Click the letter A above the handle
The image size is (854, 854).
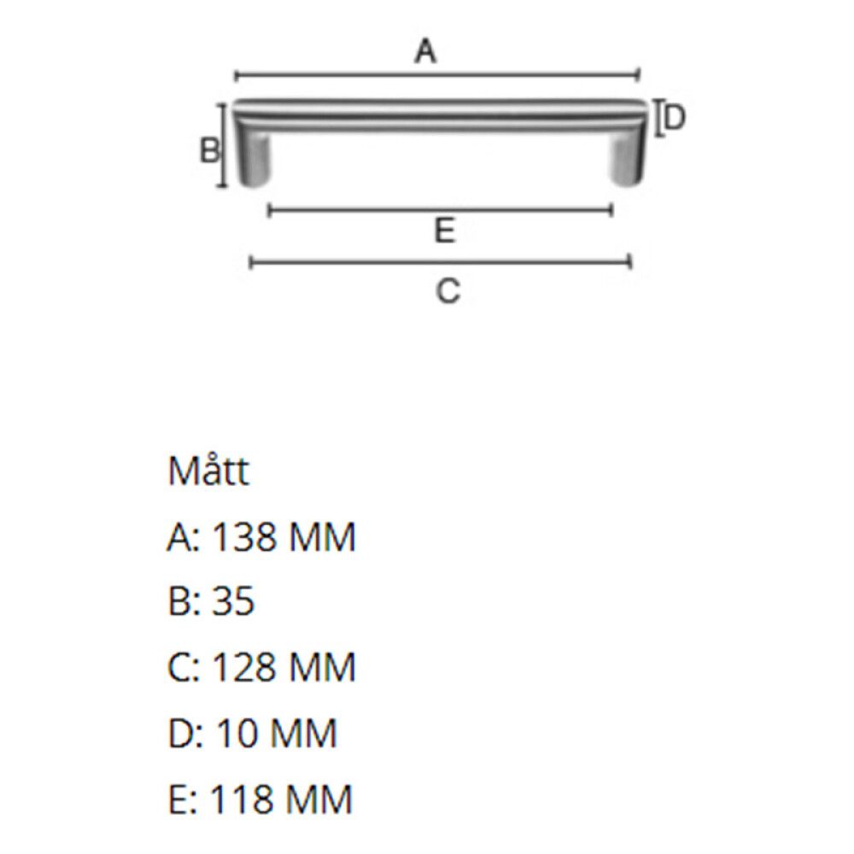425,52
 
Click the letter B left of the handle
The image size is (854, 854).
209,151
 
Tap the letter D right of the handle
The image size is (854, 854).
675,118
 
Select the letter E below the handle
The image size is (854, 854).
443,231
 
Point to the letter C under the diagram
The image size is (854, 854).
447,291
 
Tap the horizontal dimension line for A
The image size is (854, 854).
436,74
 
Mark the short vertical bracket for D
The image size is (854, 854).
658,118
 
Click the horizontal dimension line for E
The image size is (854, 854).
440,209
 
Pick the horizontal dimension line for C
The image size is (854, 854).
440,261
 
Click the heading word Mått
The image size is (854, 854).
208,471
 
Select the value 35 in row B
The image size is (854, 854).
231,602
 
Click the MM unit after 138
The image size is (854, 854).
322,538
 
